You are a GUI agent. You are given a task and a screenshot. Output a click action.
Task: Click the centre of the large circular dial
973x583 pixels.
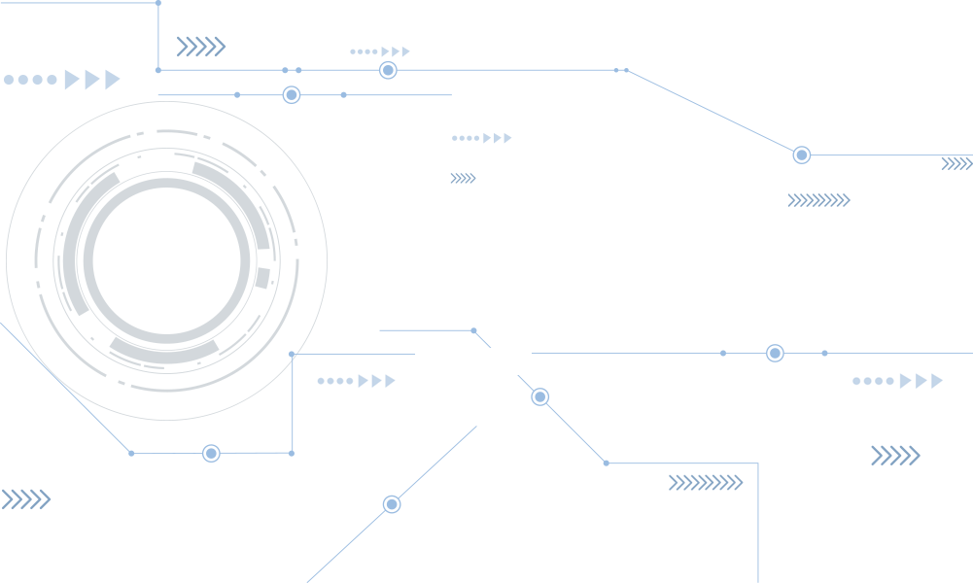(166, 260)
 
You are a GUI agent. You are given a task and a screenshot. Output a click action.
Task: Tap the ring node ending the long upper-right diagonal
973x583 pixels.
(801, 155)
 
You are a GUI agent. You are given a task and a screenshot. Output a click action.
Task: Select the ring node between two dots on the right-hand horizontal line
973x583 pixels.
(775, 353)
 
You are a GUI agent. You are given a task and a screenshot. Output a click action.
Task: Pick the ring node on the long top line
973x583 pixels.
(388, 70)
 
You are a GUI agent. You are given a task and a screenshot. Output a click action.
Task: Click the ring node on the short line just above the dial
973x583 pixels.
(291, 94)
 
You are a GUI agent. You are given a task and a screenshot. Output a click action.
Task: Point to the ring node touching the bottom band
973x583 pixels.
(392, 503)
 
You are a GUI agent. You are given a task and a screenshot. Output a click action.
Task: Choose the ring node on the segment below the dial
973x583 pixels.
(211, 453)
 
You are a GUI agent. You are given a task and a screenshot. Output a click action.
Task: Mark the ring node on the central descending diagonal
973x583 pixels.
(540, 396)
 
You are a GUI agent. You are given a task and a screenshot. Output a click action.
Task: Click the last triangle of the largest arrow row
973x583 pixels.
(113, 80)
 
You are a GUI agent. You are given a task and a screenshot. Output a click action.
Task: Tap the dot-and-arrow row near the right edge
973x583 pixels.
(897, 381)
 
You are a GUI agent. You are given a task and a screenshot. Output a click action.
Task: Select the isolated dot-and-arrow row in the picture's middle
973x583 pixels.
(481, 138)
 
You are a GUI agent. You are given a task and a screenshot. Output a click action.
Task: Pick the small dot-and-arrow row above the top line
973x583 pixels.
(380, 51)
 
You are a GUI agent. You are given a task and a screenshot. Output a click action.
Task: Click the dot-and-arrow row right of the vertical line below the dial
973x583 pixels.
(357, 381)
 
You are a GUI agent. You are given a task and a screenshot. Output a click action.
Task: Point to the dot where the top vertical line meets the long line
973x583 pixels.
(158, 70)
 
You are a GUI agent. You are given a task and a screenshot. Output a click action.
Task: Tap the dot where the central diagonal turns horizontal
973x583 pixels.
(606, 463)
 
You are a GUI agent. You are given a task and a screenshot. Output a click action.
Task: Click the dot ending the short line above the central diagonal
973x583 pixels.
(473, 330)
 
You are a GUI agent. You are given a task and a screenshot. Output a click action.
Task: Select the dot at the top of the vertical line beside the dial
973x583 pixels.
(292, 355)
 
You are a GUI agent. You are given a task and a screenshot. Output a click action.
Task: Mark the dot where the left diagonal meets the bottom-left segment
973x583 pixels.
(131, 453)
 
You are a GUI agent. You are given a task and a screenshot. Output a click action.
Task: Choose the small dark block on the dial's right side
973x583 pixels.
(261, 278)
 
